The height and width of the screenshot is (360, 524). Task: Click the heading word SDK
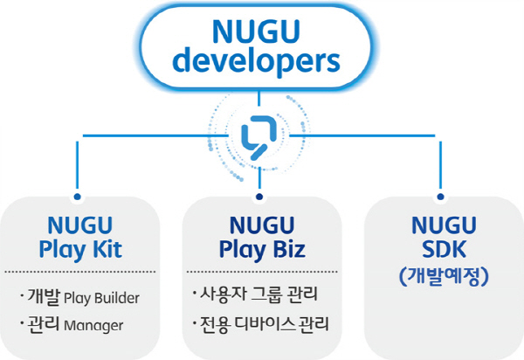pos(441,250)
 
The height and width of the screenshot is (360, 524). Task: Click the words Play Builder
pos(102,298)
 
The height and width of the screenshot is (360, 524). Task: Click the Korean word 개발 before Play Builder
pos(47,297)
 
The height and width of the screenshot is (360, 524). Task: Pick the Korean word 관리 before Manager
pos(47,325)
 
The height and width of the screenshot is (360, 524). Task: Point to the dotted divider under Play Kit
pos(79,272)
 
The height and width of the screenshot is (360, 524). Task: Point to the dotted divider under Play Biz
pos(260,272)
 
